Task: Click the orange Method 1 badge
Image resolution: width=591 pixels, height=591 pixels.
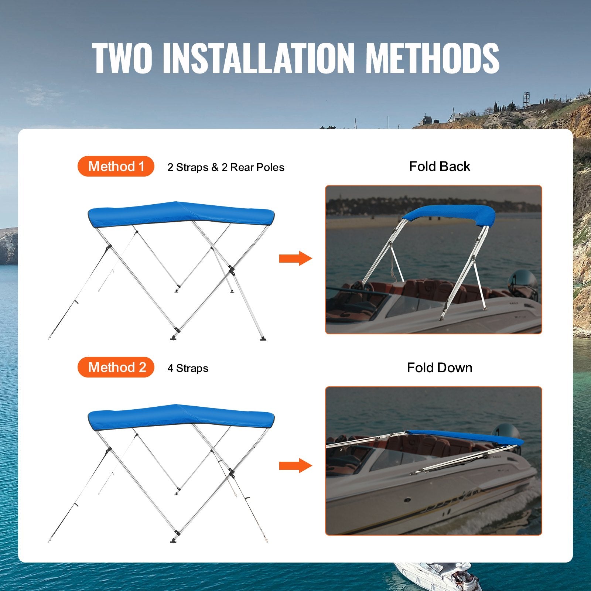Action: (116, 166)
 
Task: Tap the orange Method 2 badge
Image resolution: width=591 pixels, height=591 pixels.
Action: (116, 367)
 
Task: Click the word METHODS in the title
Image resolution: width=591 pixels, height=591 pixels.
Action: (432, 58)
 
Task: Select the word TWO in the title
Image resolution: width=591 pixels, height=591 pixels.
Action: (122, 58)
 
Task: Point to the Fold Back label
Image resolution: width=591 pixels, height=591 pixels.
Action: (440, 167)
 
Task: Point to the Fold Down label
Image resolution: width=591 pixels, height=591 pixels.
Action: (440, 368)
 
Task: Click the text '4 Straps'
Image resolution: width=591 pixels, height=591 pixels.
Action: (188, 368)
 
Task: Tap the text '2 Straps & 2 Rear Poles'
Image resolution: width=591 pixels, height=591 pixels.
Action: (226, 167)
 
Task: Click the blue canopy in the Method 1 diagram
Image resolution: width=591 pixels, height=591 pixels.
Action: (181, 214)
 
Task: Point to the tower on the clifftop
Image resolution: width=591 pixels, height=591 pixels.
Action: (526, 100)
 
